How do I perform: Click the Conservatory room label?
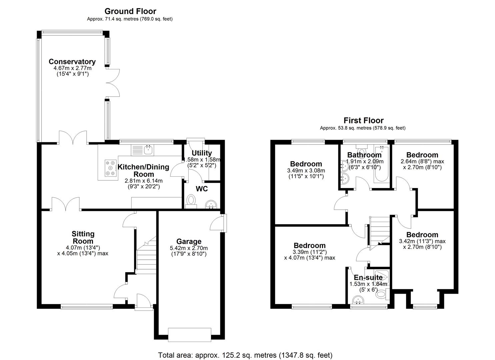tap(72, 62)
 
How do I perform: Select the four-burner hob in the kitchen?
tap(110, 168)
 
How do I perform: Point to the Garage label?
tap(189, 241)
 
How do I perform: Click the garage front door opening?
tap(189, 335)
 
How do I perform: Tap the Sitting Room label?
tap(83, 237)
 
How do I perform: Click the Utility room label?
tap(202, 153)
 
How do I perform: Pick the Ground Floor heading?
tap(130, 11)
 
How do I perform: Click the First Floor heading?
tap(363, 120)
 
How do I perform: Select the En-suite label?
tap(368, 278)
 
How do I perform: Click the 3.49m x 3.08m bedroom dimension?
tap(306, 171)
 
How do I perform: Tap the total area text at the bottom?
tap(245, 355)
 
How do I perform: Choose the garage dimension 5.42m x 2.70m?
tap(189, 248)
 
